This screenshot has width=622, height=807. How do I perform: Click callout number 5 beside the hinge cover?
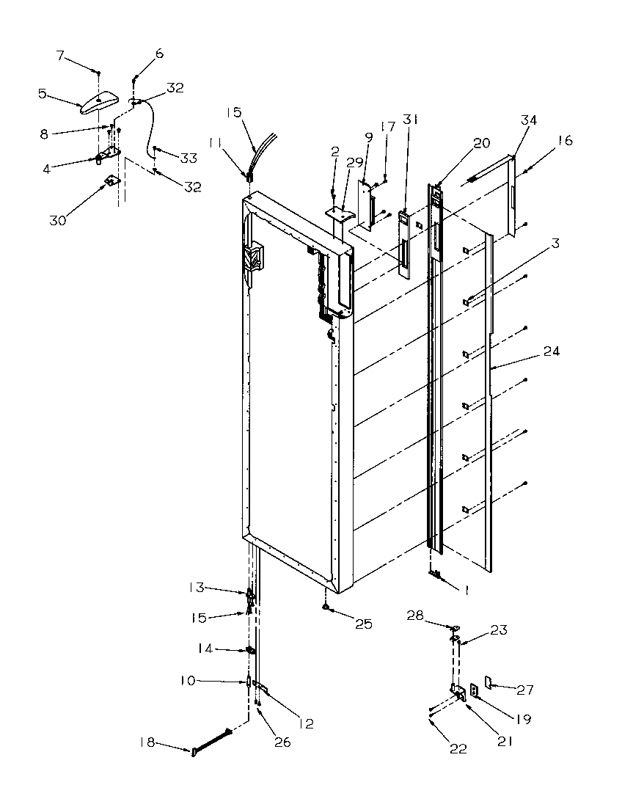pyautogui.click(x=43, y=93)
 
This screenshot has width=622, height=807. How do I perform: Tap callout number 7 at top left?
pyautogui.click(x=60, y=55)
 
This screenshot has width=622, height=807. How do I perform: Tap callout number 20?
pyautogui.click(x=482, y=145)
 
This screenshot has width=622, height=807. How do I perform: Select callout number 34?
pyautogui.click(x=529, y=119)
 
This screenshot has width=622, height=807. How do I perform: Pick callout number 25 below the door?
pyautogui.click(x=364, y=624)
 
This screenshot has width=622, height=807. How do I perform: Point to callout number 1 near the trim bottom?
pyautogui.click(x=464, y=588)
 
